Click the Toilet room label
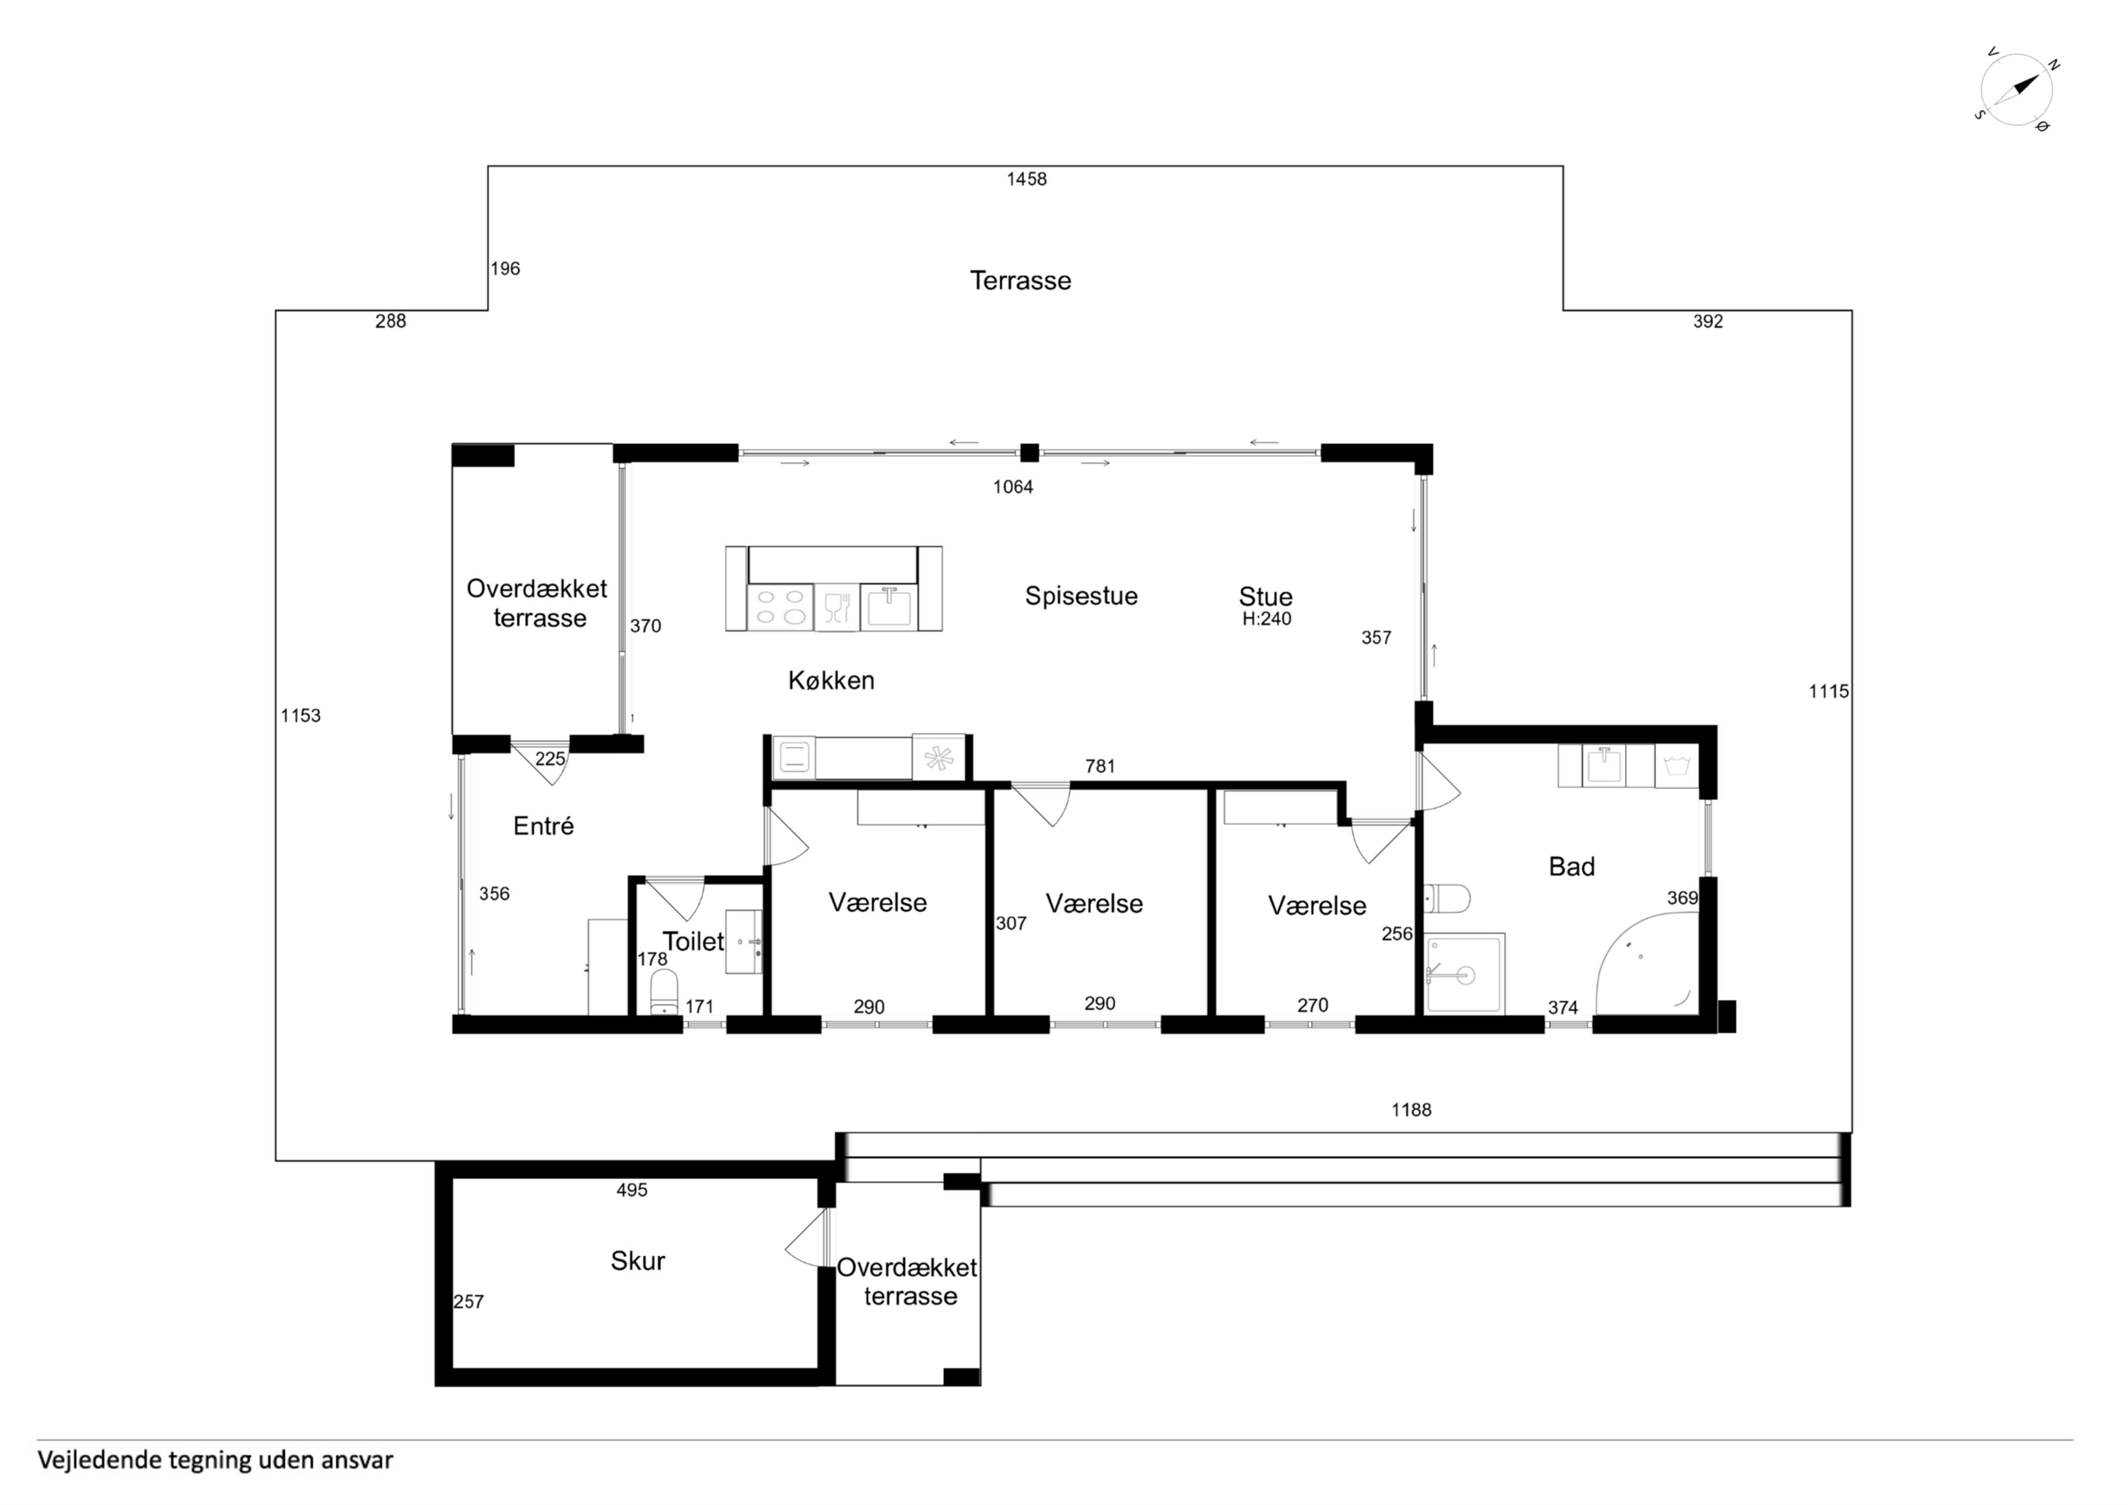coord(693,941)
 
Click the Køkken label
coord(831,680)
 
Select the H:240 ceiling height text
coord(1267,619)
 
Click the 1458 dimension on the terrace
coord(1027,179)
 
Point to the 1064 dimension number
coord(1013,487)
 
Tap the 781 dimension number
coord(1100,766)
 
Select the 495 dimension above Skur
coord(632,1190)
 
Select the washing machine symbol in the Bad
coord(1676,766)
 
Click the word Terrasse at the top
coord(1020,280)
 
